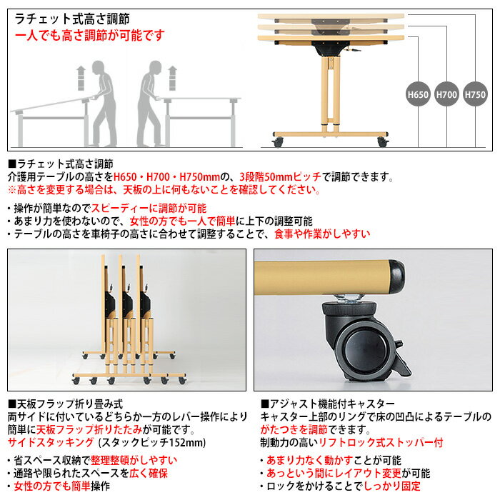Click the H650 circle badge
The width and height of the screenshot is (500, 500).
[x=418, y=94]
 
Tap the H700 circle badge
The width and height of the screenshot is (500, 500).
[x=446, y=94]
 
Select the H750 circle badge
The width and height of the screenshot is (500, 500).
[x=475, y=94]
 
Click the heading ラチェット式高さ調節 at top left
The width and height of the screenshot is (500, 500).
[x=72, y=19]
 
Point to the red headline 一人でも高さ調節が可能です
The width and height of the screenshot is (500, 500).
[x=89, y=35]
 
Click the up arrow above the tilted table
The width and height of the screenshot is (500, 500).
[x=81, y=78]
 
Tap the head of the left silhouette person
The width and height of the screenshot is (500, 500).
[x=99, y=69]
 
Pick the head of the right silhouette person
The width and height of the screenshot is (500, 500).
[x=155, y=69]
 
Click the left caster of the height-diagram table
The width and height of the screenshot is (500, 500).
[x=277, y=142]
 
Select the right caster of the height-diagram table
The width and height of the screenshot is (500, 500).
[x=383, y=142]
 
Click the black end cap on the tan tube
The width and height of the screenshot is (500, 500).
[x=396, y=275]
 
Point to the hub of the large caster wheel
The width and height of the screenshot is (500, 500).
[x=361, y=349]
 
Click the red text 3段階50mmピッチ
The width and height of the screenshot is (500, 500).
[x=280, y=176]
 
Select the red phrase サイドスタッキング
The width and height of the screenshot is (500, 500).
[x=51, y=443]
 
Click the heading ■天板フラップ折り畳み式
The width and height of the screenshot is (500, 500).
[x=66, y=404]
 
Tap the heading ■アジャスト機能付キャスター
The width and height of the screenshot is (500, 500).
[x=328, y=404]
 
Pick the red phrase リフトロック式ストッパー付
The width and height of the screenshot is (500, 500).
[x=381, y=443]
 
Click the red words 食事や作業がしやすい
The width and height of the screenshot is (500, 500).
[x=322, y=234]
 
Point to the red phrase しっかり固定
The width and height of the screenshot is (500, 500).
[x=392, y=486]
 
